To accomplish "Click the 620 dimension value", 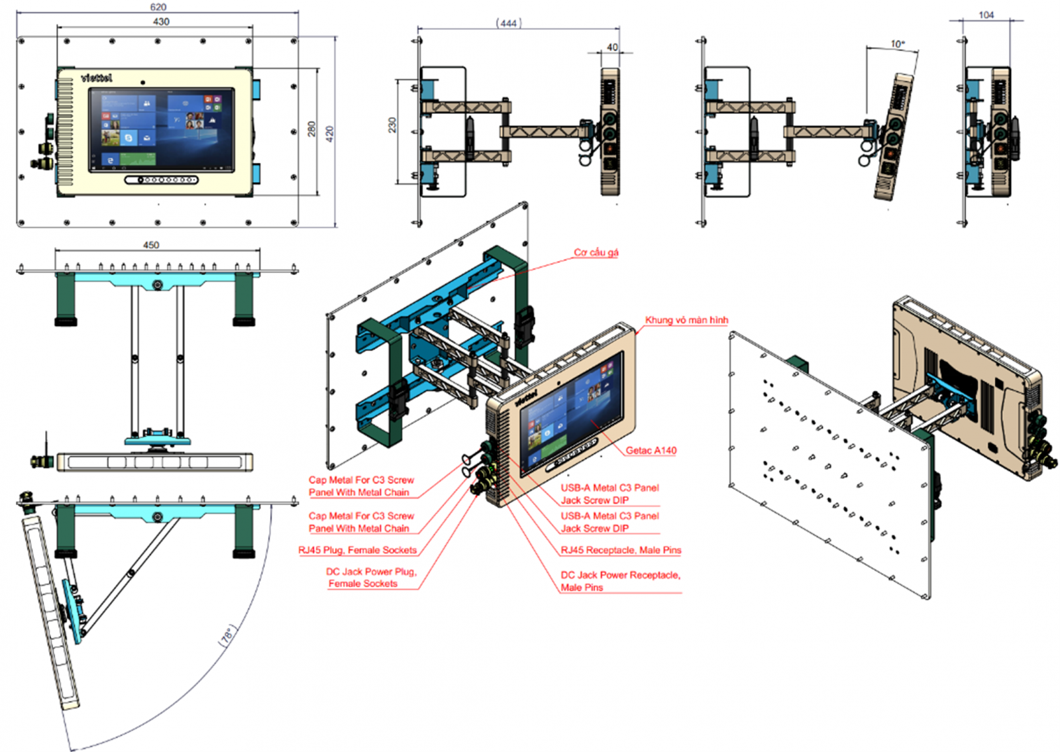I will pos(158,7).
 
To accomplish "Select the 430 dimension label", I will pos(161,21).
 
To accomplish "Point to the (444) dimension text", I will pos(508,23).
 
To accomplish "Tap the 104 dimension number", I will pos(986,15).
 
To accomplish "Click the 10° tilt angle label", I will pos(897,44).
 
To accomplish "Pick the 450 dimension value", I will pos(151,244).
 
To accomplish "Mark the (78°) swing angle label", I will pos(227,635).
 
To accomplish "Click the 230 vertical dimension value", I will pos(392,125).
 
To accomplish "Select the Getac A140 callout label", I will pos(651,451).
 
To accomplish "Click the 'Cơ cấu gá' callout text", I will pos(596,252).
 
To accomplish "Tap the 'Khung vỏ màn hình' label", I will pos(686,320).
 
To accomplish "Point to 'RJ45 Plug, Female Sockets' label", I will pos(358,550).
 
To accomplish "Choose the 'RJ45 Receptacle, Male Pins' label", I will pos(621,550).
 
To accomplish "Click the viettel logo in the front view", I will pos(97,78).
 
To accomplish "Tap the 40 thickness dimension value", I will pos(612,47).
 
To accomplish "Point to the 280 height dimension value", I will pos(311,129).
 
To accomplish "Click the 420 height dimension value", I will pos(329,133).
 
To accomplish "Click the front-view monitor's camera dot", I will pos(142,83).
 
